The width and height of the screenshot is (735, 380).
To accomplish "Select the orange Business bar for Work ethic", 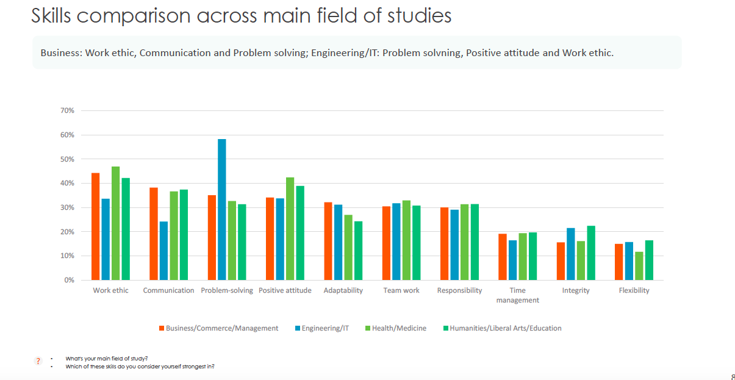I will pyautogui.click(x=96, y=226).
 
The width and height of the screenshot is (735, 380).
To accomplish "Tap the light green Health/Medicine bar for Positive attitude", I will pyautogui.click(x=290, y=229).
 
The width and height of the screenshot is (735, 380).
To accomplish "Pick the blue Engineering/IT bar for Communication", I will pyautogui.click(x=163, y=251).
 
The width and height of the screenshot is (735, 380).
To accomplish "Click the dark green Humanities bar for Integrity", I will pyautogui.click(x=590, y=253).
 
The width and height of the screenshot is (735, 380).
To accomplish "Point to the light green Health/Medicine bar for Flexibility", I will pyautogui.click(x=639, y=266).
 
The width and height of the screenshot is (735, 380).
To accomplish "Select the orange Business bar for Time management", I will pyautogui.click(x=503, y=257).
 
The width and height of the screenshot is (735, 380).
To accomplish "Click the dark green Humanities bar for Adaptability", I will pyautogui.click(x=358, y=251).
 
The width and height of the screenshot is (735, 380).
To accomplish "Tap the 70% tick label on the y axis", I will pyautogui.click(x=67, y=111).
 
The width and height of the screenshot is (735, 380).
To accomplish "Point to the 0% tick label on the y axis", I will pyautogui.click(x=69, y=281).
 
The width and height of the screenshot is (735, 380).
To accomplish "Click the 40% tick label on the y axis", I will pyautogui.click(x=67, y=184).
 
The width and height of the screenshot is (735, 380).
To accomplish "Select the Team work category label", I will pyautogui.click(x=401, y=290).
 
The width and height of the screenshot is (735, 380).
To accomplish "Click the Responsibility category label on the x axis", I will pyautogui.click(x=459, y=290).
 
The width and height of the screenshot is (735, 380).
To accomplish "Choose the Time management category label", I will pyautogui.click(x=517, y=295).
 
